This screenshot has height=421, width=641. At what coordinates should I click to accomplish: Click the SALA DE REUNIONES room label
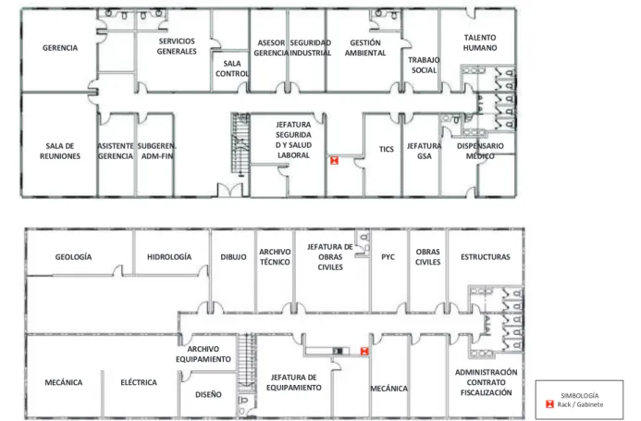60,151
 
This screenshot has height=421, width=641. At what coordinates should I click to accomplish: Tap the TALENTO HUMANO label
480,43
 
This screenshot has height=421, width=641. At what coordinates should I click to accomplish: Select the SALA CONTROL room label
232,68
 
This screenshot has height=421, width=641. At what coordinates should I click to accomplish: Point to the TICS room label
386,149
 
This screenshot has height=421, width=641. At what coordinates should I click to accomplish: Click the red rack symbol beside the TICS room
335,160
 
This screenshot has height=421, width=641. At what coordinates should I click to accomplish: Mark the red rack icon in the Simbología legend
549,404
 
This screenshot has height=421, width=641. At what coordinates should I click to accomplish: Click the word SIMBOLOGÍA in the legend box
580,396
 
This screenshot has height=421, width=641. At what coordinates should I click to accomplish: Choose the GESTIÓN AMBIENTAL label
365,48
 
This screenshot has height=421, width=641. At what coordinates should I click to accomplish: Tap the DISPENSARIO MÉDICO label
480,151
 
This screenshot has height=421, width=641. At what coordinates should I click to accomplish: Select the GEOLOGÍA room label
73,257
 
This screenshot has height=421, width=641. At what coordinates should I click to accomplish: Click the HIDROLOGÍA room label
169,257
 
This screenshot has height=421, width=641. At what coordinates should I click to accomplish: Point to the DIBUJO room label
233,257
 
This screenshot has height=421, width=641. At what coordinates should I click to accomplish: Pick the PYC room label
388,257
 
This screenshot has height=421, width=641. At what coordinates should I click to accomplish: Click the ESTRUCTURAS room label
486,257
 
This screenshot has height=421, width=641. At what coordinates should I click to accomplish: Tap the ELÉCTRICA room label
139,382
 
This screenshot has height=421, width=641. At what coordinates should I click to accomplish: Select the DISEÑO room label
208,394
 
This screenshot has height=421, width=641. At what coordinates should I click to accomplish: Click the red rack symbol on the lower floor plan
364,351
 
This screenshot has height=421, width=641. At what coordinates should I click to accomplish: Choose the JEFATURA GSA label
424,151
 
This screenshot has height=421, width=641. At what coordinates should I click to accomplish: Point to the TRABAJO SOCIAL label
424,65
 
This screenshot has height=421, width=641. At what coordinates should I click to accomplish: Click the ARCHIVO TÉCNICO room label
275,257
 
